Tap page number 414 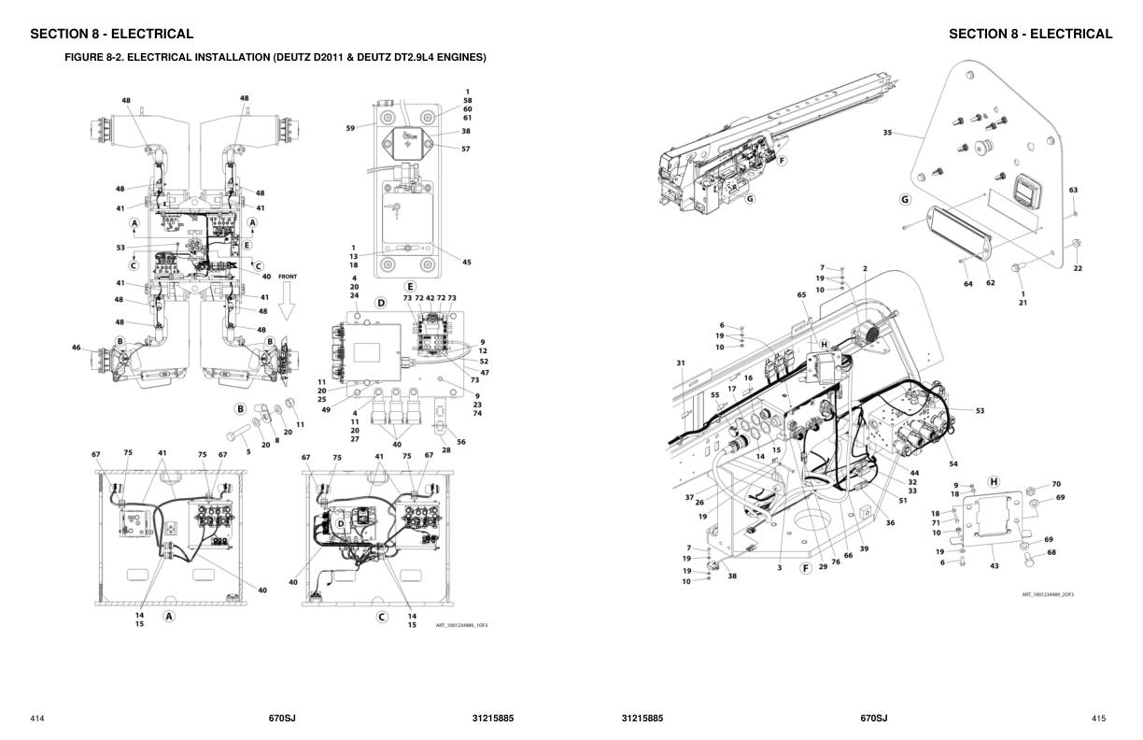tap(37, 719)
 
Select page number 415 tap(1098, 719)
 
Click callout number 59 tap(350, 128)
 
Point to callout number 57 tap(465, 149)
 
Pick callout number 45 tap(467, 263)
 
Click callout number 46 tap(77, 348)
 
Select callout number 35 tap(887, 133)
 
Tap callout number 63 tap(1073, 191)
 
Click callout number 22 tap(1078, 269)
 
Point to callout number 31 tap(681, 363)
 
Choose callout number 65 tap(801, 295)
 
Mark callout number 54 tap(953, 464)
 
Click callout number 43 tap(995, 566)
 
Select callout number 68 tap(1051, 552)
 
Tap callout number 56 tap(461, 442)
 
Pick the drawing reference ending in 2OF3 tap(1048, 594)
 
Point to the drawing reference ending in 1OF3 tap(461, 625)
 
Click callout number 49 tap(327, 410)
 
